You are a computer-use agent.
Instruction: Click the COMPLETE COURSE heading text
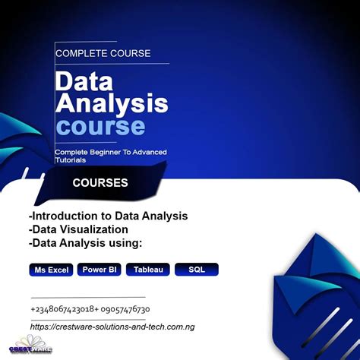click(103, 53)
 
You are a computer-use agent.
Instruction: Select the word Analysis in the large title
click(111, 103)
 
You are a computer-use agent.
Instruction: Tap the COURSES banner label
click(100, 183)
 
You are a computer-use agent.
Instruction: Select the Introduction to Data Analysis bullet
click(107, 216)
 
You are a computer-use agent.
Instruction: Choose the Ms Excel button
click(51, 270)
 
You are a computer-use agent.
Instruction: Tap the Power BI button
click(99, 270)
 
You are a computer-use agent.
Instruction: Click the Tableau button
click(147, 270)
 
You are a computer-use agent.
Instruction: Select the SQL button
click(197, 270)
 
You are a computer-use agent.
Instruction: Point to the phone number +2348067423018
click(64, 309)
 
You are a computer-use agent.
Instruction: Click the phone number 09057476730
click(125, 309)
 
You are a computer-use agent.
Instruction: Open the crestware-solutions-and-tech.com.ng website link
click(112, 326)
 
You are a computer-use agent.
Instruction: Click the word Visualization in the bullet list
click(93, 229)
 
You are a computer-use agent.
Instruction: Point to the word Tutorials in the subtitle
click(71, 160)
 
